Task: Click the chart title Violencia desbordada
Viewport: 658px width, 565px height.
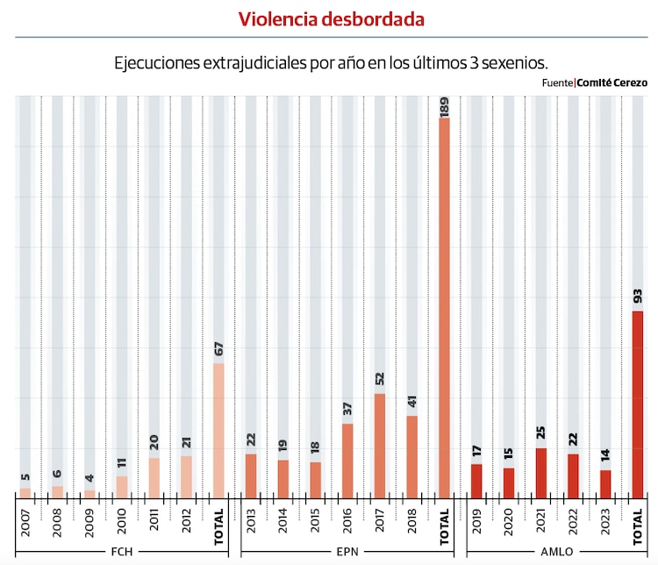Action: click(x=332, y=18)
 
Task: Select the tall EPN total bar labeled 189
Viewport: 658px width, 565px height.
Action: click(x=444, y=306)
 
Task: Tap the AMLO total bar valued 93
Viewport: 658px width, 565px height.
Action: click(x=638, y=403)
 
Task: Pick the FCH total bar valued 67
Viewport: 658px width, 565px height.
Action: click(x=218, y=429)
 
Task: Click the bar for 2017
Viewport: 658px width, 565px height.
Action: click(x=380, y=444)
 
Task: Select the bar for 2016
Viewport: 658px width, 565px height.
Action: click(x=347, y=460)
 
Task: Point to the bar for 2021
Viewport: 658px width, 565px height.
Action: click(x=541, y=472)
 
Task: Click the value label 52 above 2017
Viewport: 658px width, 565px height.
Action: click(x=380, y=379)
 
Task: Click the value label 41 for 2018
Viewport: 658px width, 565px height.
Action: click(x=412, y=402)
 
